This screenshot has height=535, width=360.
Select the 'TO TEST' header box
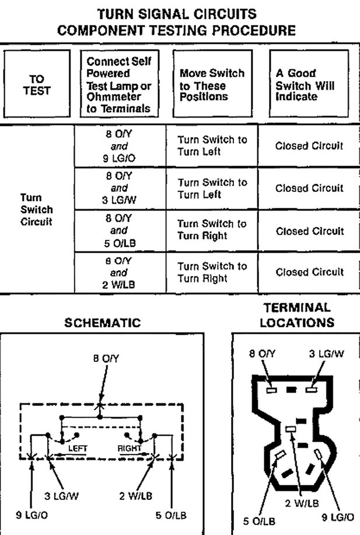pos(37,85)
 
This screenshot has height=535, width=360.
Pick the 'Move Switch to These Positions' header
pos(211,85)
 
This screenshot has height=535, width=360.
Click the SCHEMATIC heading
pos(103,323)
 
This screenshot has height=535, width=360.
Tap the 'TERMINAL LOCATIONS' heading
pos(297,314)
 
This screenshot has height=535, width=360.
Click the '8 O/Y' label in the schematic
pos(106,360)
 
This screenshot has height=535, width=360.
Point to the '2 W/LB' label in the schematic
pos(136,496)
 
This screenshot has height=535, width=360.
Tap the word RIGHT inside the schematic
pos(130,448)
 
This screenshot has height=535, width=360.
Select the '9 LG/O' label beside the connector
pos(338,516)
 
